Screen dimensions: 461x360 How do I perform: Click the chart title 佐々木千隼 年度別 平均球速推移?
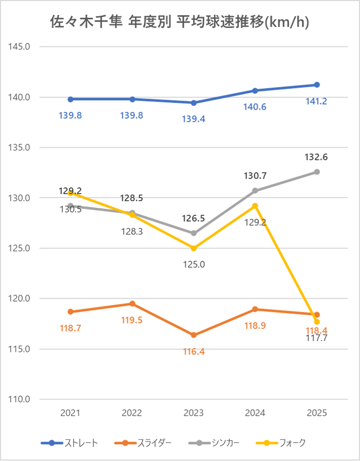coord(180,22)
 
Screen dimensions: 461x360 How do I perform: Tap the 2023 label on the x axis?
coord(194,413)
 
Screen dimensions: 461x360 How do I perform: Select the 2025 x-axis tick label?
coord(317,413)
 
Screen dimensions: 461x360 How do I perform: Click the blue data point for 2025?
coord(317,85)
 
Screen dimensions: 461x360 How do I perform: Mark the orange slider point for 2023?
coord(194,335)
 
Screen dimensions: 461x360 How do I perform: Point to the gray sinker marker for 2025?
coord(317,172)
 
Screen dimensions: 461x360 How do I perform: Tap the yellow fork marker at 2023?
coord(194,248)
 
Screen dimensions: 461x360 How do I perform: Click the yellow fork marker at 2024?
coord(255,206)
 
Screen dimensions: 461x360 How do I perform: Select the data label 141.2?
coord(317,101)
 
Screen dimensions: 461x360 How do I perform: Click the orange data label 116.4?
coord(194,351)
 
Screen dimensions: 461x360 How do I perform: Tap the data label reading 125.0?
coord(194,264)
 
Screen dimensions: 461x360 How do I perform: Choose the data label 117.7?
coord(317,337)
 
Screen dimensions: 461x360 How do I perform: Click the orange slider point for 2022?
coord(132,304)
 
